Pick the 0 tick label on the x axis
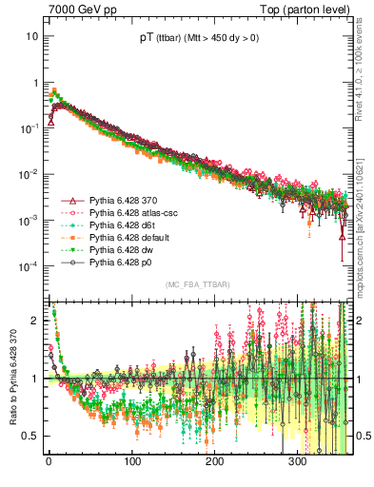pos(49,463)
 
